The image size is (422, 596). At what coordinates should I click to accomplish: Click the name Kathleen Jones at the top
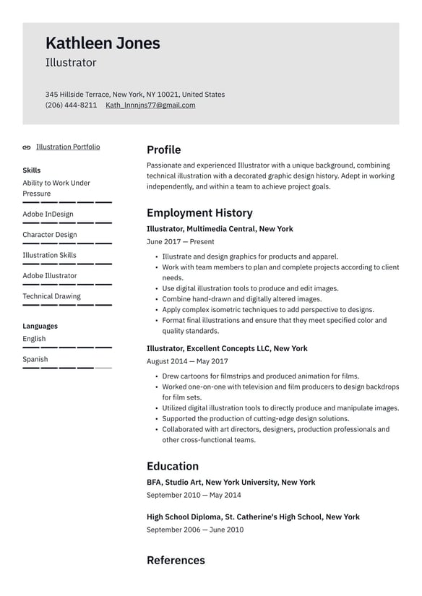pos(103,43)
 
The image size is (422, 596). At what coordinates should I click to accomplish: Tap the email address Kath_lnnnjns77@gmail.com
pos(150,105)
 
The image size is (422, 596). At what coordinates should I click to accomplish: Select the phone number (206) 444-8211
pos(71,105)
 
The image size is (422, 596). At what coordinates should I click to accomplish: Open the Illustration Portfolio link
pos(68,147)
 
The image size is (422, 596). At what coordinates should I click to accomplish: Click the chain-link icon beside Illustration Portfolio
pos(27,147)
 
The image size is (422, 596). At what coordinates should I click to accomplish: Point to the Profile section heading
pos(163,150)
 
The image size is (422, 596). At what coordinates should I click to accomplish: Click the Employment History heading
pos(199,212)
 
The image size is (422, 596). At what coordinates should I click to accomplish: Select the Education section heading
pos(172,466)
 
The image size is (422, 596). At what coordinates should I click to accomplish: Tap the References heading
pos(176,560)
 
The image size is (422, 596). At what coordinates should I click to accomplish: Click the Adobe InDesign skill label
pos(48,214)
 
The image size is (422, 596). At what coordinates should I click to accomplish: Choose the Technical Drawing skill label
pos(51,296)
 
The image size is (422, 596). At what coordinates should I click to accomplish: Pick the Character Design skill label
pos(49,235)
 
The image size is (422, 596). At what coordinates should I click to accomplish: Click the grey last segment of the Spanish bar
pos(103,368)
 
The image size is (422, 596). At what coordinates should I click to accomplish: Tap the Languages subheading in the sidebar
pos(40,326)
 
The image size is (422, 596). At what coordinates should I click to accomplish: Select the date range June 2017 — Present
pos(180,242)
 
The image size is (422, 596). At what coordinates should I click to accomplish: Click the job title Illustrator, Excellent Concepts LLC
pos(227,348)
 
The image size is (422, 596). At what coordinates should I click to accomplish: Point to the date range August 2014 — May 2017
pos(187,361)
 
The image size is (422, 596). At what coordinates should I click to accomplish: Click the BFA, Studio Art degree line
pos(231,482)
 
